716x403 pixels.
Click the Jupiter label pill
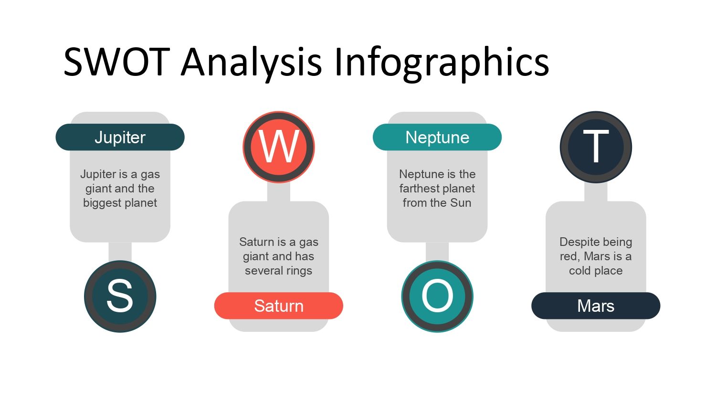(x=120, y=137)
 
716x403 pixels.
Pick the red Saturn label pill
(x=278, y=306)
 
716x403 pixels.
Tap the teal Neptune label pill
(x=437, y=137)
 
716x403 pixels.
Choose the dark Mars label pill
(x=596, y=306)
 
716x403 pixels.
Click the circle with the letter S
(x=120, y=297)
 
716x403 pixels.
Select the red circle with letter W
(x=278, y=147)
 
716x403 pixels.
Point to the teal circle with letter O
(x=437, y=297)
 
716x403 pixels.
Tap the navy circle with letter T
(x=596, y=147)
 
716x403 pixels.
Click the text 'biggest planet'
(x=120, y=203)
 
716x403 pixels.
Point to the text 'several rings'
(x=278, y=271)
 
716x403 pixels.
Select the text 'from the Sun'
(x=437, y=203)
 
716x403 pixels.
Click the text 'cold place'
(x=596, y=271)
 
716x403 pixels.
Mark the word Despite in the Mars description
(x=578, y=243)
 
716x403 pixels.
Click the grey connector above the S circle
(x=120, y=252)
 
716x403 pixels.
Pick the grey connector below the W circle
(x=278, y=192)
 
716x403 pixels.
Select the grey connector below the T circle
(x=596, y=192)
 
